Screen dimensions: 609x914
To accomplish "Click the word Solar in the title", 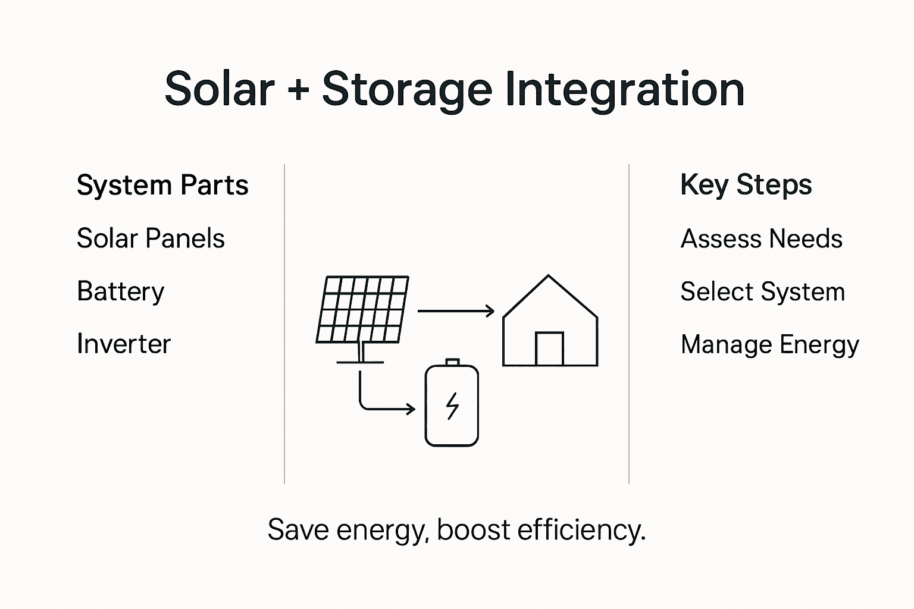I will pos(219,89).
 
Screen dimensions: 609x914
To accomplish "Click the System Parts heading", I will pos(162,186).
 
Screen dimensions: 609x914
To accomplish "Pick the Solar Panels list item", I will pos(151,238).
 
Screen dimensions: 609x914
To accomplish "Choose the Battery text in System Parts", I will pos(120,291).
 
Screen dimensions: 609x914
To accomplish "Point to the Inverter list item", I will pos(124,344).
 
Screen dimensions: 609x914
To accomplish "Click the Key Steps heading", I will pos(746,185).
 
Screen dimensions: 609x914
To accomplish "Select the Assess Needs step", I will pos(761,239).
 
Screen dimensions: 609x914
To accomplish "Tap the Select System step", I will pos(762,292).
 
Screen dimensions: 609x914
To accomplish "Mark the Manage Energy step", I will pos(769,345).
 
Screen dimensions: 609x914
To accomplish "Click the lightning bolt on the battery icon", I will pos(452,406).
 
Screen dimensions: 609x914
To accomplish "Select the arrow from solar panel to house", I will pos(456,310).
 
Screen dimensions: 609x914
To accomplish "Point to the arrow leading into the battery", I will pos(387,409).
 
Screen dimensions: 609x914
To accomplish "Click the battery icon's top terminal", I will pos(452,362).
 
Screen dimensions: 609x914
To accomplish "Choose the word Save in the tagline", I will pos(298,529).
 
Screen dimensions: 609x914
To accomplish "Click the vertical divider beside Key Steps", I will pos(629,324).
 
